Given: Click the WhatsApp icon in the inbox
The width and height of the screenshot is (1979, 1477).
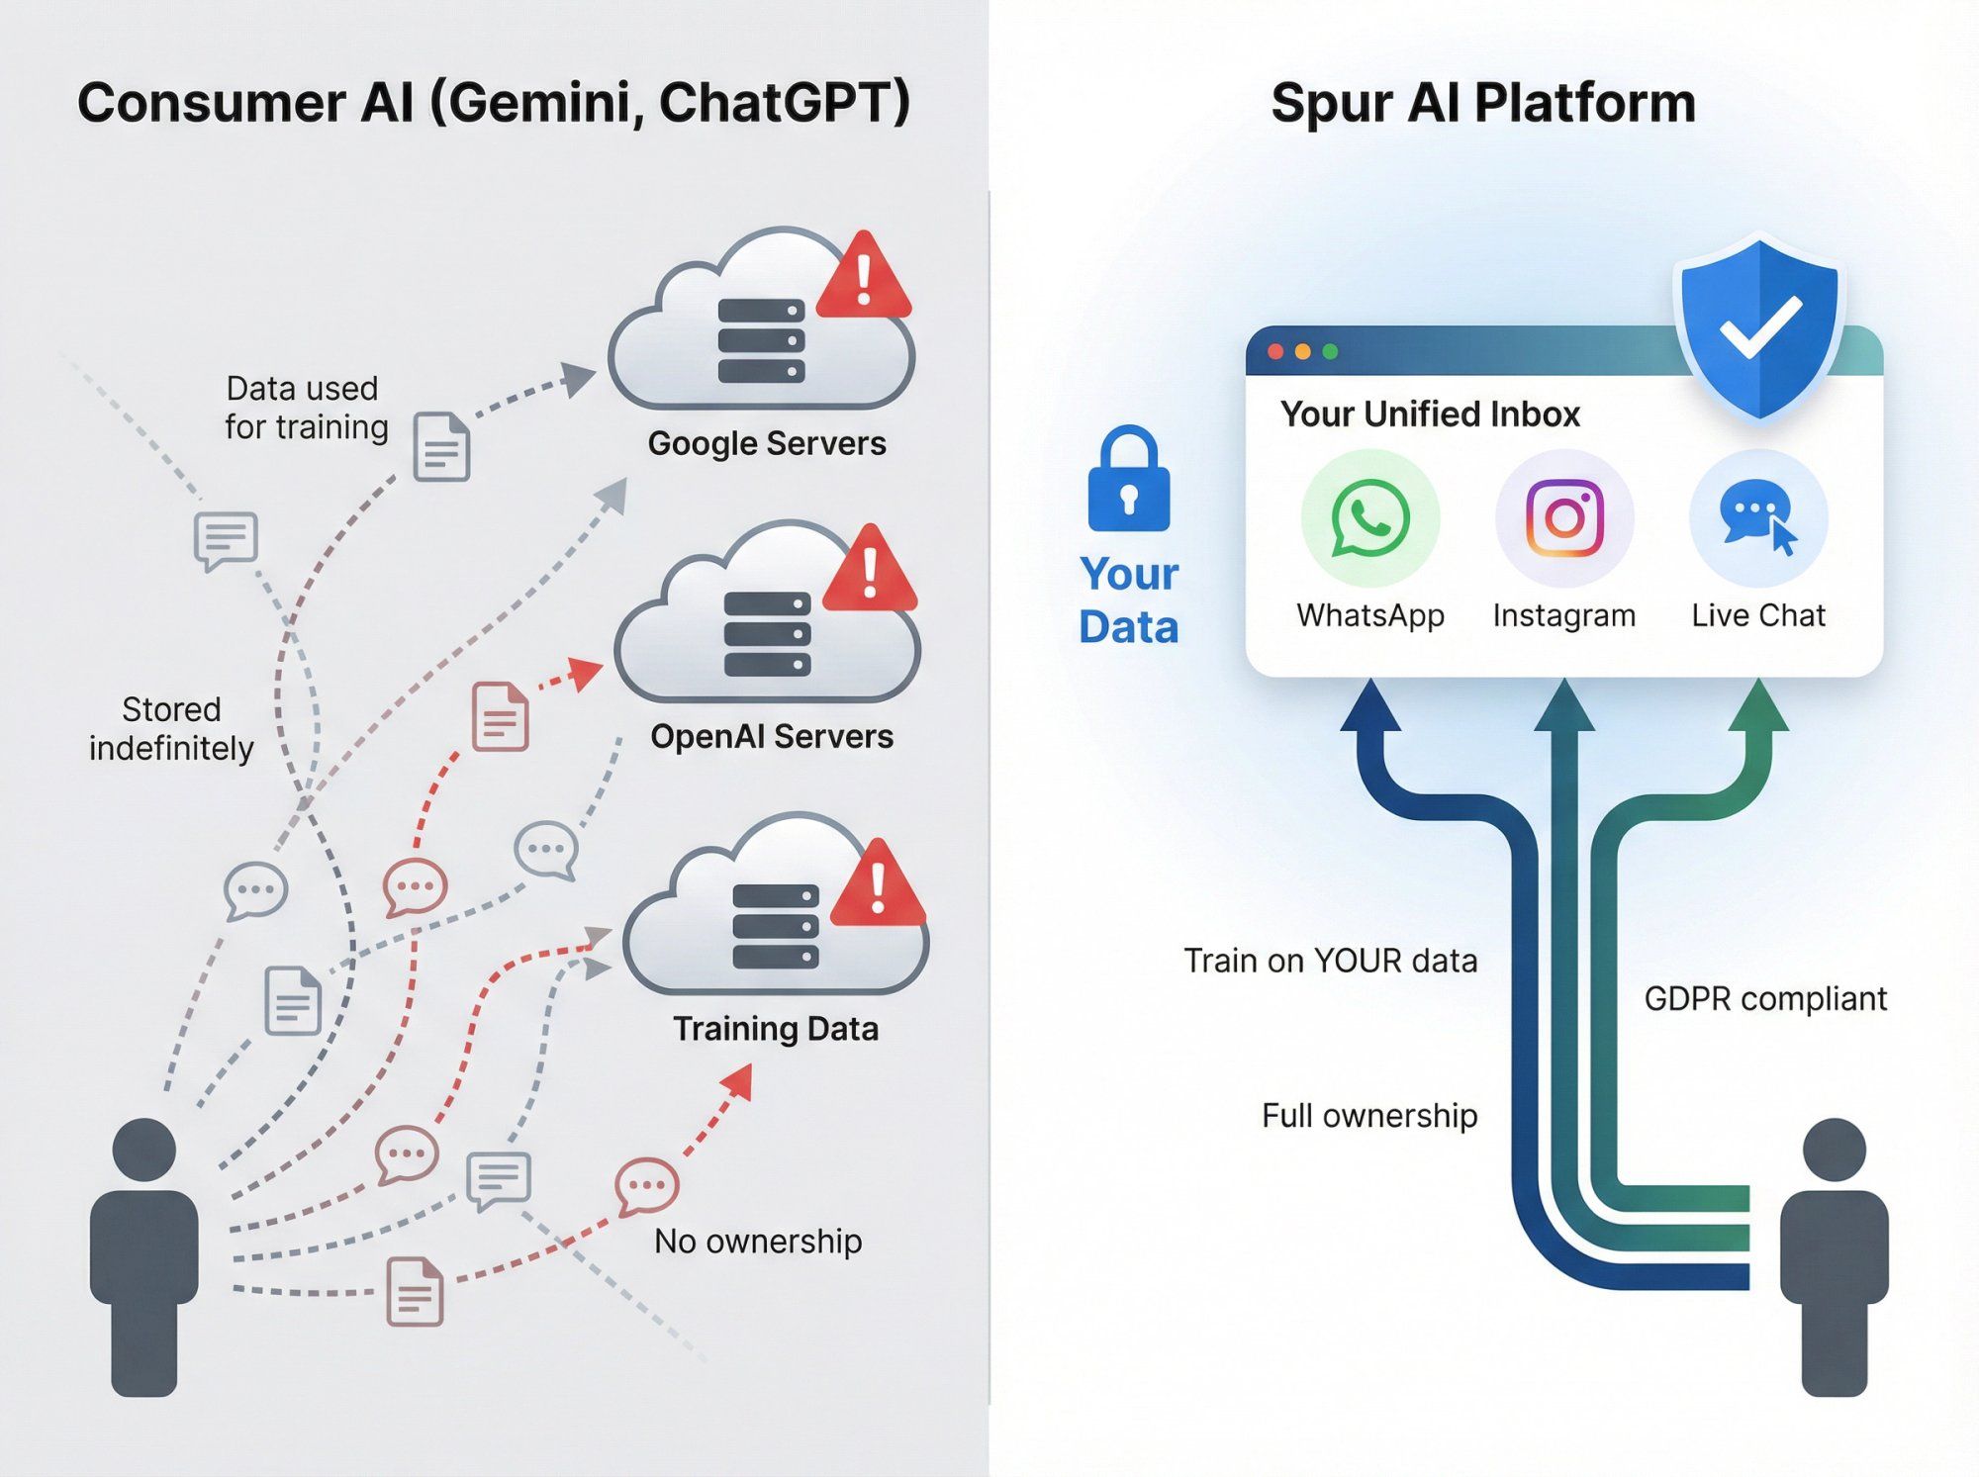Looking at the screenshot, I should tap(1369, 518).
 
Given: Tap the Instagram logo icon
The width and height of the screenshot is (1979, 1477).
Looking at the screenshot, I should tap(1563, 518).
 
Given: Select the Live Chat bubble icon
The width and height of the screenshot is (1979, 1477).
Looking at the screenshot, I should tap(1757, 518).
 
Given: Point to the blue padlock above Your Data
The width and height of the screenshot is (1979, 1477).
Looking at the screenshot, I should tap(1128, 482).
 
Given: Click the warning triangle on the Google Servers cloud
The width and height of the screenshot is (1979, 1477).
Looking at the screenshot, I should tap(864, 278).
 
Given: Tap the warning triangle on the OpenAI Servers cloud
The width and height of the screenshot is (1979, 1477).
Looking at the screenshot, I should tap(870, 571).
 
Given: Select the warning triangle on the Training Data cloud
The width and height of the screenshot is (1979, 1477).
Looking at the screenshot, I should tap(878, 885).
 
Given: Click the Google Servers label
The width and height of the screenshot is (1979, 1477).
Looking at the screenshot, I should tap(767, 443).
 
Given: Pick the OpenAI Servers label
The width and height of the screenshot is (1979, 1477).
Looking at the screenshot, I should tap(772, 736).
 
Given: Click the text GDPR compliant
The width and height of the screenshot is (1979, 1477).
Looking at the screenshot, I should tap(1765, 999).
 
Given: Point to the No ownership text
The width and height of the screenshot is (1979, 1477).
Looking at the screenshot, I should tap(758, 1241).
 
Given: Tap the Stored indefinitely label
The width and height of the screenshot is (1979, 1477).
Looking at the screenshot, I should tap(171, 729).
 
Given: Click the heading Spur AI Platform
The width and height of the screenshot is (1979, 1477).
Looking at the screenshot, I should tap(1482, 103).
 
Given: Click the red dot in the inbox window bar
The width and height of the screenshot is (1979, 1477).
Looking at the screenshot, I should tap(1276, 352).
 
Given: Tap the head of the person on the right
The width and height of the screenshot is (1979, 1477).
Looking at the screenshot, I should tap(1834, 1150).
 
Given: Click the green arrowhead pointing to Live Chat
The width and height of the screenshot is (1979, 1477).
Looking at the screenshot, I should tap(1757, 704).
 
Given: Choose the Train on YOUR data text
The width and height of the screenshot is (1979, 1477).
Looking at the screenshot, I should tap(1330, 961).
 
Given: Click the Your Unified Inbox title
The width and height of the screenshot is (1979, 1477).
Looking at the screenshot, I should tap(1430, 414).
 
